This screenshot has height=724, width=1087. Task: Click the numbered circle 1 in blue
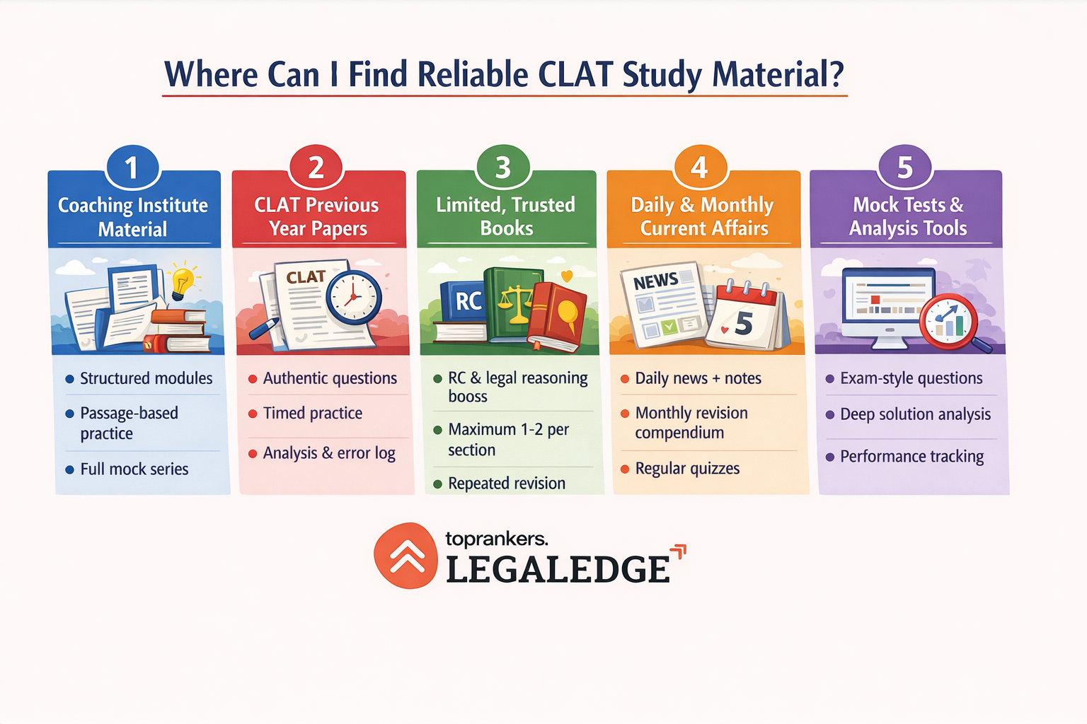(x=132, y=168)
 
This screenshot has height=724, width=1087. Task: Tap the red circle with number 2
(x=316, y=168)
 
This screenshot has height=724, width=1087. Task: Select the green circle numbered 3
(x=502, y=168)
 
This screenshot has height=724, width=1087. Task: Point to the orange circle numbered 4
(x=699, y=168)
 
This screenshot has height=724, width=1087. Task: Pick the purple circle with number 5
(x=904, y=168)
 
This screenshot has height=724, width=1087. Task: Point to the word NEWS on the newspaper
(x=655, y=281)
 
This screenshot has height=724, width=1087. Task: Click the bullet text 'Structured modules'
(x=146, y=378)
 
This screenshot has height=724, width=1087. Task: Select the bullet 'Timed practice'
(x=312, y=413)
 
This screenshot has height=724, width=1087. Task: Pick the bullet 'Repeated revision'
(x=506, y=484)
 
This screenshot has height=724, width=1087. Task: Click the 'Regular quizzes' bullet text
(x=686, y=469)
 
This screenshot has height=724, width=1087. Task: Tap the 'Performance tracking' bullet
(x=911, y=457)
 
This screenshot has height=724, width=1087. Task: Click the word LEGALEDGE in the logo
(x=558, y=570)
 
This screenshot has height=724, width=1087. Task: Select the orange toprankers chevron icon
(x=406, y=556)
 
